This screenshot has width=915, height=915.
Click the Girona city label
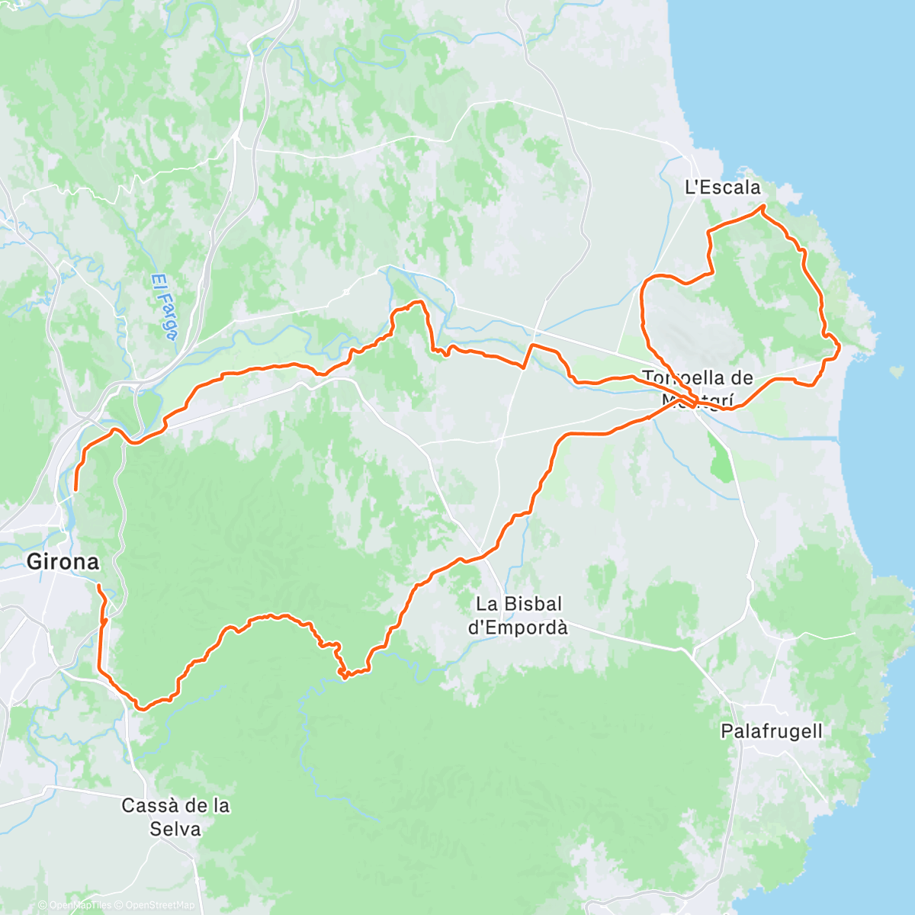click(63, 562)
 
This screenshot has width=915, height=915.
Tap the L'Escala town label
click(723, 187)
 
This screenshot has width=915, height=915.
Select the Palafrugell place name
click(772, 731)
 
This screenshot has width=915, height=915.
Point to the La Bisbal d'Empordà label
click(518, 615)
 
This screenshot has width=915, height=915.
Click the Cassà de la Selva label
click(175, 817)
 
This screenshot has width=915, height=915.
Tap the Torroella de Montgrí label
click(698, 387)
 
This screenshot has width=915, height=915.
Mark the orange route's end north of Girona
click(75, 489)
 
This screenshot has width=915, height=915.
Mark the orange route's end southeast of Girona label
click(98, 586)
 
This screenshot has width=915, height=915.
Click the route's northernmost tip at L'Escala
click(761, 207)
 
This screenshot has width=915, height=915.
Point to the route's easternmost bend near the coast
click(839, 349)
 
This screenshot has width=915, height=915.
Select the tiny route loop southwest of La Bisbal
click(345, 673)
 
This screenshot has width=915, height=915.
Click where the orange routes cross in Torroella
click(690, 401)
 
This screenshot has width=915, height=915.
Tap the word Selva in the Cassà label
click(175, 828)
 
